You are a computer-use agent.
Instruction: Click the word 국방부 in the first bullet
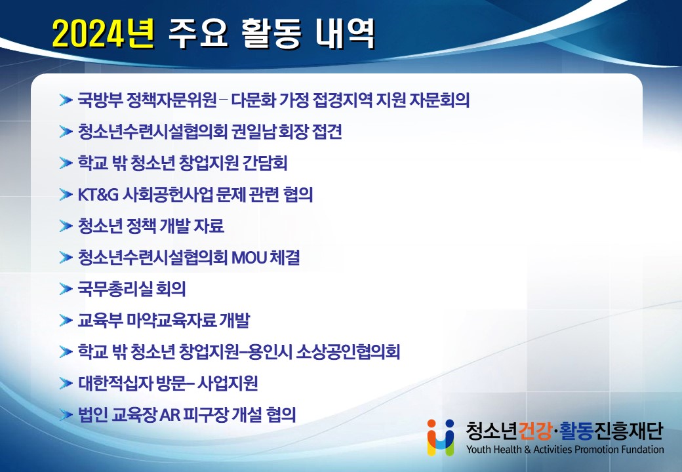tap(100, 100)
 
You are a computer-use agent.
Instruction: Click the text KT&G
tap(98, 195)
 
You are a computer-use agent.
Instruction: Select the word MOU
tap(249, 258)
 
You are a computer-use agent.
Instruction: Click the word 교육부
tap(100, 321)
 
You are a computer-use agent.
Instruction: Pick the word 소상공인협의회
tap(348, 351)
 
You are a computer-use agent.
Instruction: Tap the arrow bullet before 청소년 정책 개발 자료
tap(66, 226)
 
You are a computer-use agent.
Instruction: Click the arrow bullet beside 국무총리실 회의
tap(66, 289)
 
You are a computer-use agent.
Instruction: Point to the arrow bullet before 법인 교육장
tap(66, 414)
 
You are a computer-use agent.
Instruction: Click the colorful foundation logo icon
tap(441, 437)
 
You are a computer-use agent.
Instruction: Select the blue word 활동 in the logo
tap(576, 431)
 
